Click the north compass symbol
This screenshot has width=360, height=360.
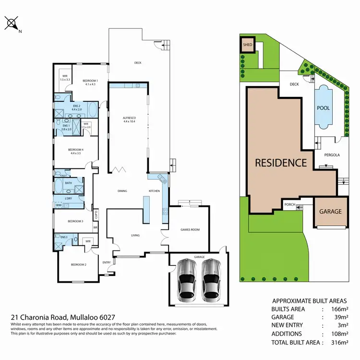coord(12,23)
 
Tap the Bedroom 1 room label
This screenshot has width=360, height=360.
coord(90,82)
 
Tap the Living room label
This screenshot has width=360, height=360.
coord(135,235)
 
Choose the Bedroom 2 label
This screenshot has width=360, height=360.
coord(78,265)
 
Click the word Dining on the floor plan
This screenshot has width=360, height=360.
coord(122,191)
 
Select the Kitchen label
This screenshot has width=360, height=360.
coord(154,191)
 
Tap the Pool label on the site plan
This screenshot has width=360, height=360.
coord(324,108)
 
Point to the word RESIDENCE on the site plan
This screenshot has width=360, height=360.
coord(280,163)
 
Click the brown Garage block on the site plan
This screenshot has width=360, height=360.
coord(331,211)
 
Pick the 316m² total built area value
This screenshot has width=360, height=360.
coord(338,342)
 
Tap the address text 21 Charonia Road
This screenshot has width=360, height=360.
coord(58,317)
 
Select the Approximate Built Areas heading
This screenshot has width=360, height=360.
coord(310,299)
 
